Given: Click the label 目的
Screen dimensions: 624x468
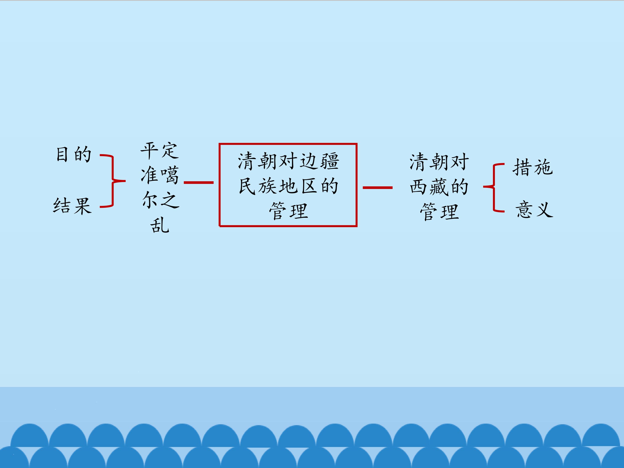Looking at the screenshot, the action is coord(74,154).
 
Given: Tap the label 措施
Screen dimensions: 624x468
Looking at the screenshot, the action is coord(533,167).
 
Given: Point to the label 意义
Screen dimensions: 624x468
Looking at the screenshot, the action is coord(534,210).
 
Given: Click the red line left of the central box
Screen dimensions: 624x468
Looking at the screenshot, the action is coord(199,182).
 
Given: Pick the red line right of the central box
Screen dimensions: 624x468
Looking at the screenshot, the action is coord(377,188).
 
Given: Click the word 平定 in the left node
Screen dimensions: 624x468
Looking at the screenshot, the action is coord(159,151).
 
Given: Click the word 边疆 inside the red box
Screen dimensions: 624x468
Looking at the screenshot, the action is coord(319,161).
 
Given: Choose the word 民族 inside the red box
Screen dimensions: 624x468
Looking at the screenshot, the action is coord(258,186).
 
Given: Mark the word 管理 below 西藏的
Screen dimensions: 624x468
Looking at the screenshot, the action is coord(439,211).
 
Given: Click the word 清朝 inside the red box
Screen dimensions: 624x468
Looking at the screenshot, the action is coord(257,161).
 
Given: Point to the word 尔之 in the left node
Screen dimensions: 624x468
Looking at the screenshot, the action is coord(161,200).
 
